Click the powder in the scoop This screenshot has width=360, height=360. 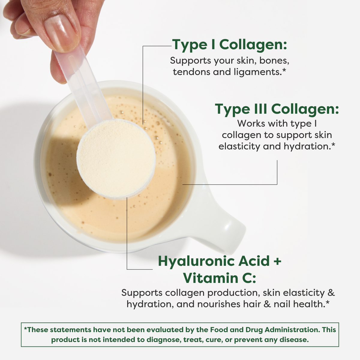[x=116, y=157]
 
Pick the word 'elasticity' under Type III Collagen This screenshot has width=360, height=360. [x=239, y=146]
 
